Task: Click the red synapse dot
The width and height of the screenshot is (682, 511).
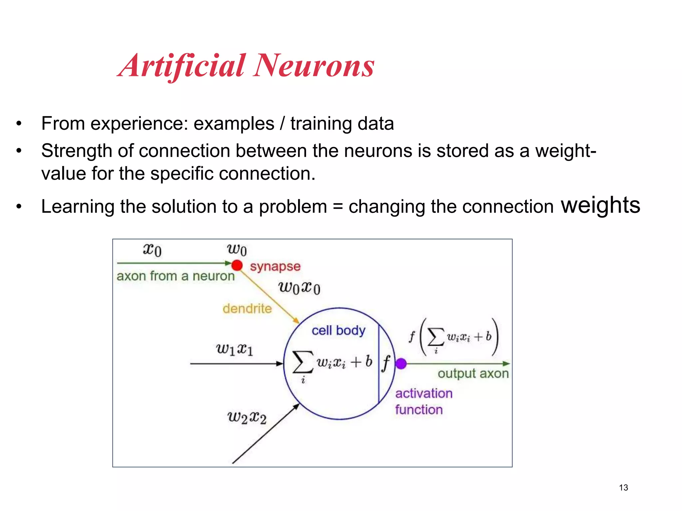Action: pyautogui.click(x=237, y=265)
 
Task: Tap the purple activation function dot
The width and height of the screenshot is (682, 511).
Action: pyautogui.click(x=401, y=364)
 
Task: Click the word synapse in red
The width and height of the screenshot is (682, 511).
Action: pyautogui.click(x=275, y=266)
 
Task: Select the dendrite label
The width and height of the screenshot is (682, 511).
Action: pyautogui.click(x=247, y=309)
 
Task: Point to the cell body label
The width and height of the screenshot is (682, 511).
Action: pyautogui.click(x=338, y=331)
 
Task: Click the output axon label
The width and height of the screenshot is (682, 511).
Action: pyautogui.click(x=473, y=374)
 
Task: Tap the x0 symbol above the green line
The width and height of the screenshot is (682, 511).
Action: pyautogui.click(x=152, y=250)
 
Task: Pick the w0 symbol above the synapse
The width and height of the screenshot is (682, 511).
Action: pyautogui.click(x=237, y=250)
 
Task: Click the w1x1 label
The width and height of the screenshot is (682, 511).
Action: pyautogui.click(x=235, y=349)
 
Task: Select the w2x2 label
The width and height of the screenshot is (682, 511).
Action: pyautogui.click(x=247, y=418)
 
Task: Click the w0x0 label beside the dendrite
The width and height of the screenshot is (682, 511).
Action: pyautogui.click(x=299, y=288)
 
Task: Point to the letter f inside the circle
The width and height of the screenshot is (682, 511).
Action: pyautogui.click(x=386, y=363)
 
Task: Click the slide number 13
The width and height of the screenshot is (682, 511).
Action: pyautogui.click(x=623, y=488)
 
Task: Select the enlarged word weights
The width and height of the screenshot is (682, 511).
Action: pyautogui.click(x=600, y=205)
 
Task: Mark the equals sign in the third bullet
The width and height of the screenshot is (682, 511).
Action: pyautogui.click(x=337, y=207)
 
